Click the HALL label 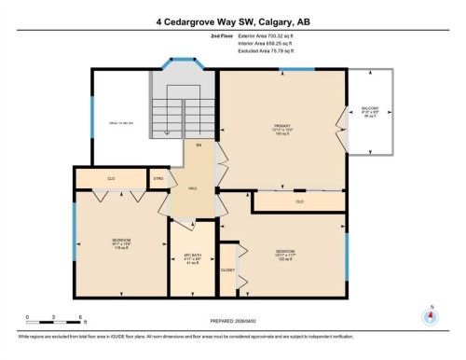pyautogui.click(x=193, y=188)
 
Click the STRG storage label pyautogui.click(x=158, y=176)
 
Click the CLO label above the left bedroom pyautogui.click(x=110, y=177)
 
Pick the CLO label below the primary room pyautogui.click(x=299, y=201)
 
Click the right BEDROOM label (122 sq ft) pyautogui.click(x=286, y=253)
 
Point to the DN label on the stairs pyautogui.click(x=198, y=146)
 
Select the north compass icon pyautogui.click(x=430, y=315)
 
